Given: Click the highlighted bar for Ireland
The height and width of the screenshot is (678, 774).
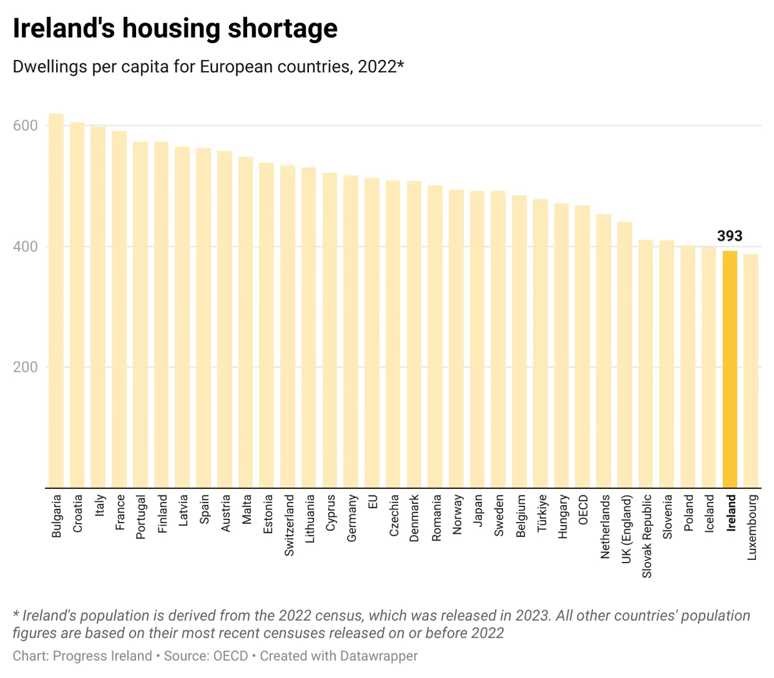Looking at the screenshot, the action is pos(729,369).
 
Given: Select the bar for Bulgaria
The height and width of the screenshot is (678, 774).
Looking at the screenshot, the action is pos(56,301).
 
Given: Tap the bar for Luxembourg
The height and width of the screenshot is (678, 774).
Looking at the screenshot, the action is pos(751,371).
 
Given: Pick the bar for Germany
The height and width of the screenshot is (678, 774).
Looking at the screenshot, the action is pos(351,332).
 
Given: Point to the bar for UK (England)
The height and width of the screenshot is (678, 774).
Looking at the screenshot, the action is pos(624,355).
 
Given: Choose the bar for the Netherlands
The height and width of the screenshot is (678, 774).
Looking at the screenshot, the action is pos(603,351).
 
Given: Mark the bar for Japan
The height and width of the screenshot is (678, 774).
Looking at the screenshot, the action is pos(477,339).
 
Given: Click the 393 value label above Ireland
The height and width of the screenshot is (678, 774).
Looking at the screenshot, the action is pos(729,235).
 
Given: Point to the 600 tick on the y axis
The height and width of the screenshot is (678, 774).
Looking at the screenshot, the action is pos(25,125).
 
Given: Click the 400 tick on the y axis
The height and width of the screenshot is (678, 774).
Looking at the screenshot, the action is pos(25,246).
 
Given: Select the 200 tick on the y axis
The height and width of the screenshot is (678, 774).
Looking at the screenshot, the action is pos(25,367).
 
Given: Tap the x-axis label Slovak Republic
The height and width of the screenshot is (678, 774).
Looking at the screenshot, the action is pos(646,536).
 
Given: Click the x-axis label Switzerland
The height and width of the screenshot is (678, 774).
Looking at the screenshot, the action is pos(289,525).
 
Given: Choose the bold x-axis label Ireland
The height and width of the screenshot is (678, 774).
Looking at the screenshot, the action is pos(731,513).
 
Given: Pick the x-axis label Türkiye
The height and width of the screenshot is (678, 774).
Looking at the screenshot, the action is pos(541,513).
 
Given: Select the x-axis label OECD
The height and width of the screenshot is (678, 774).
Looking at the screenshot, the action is pos(582,509).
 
